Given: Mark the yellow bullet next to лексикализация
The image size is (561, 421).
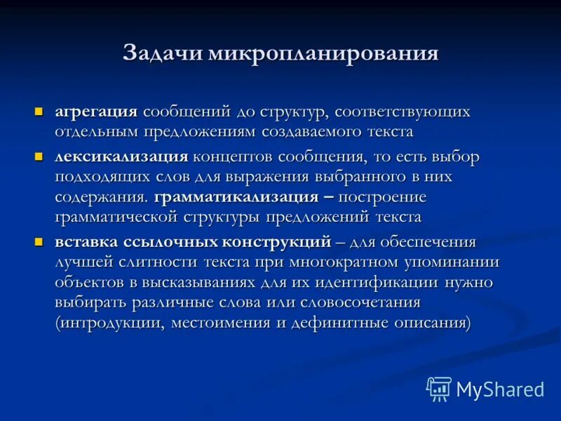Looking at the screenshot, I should (40, 156).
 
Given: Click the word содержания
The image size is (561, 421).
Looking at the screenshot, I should (101, 196).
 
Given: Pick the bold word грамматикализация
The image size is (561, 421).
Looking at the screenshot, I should (224, 196).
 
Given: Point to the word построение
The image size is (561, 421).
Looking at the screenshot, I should (384, 196).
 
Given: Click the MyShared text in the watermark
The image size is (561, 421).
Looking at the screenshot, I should (499, 388).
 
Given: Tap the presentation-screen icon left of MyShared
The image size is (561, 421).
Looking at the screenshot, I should (439, 388).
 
